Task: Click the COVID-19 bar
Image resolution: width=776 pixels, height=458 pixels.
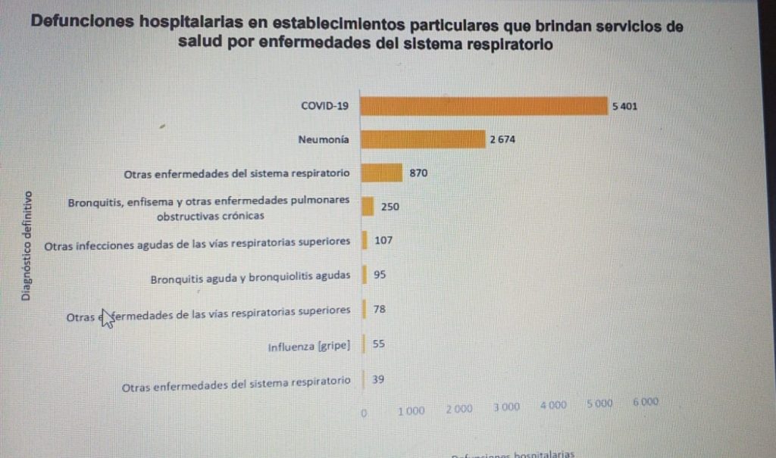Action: point(483,106)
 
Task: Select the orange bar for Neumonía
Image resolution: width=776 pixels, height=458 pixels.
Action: point(422,139)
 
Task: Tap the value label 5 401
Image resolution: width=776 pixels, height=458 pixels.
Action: point(624,107)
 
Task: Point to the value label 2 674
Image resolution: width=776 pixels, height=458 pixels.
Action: point(502,139)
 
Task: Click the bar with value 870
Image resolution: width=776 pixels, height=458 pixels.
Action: point(381,173)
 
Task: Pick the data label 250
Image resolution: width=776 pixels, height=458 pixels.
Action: point(390,207)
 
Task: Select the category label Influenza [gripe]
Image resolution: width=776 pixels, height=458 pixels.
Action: point(308,347)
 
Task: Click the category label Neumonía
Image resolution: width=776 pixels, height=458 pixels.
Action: point(324,139)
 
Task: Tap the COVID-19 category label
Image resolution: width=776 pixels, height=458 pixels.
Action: point(324,106)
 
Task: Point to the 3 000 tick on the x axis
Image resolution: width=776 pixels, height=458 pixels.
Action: point(506,407)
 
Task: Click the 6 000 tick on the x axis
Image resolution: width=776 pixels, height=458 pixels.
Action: point(646,403)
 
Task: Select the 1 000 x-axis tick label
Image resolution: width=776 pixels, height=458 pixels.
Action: point(411,410)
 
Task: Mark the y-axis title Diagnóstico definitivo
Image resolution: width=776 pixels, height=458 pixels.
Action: point(26,245)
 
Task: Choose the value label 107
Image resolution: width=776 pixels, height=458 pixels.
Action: point(384,241)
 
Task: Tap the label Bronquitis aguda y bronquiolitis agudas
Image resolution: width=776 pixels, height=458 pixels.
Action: point(250,276)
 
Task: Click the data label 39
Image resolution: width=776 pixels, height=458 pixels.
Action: point(378,379)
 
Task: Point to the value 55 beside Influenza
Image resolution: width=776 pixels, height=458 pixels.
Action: point(379,344)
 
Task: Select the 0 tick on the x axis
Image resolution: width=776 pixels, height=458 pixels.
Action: point(365,413)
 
